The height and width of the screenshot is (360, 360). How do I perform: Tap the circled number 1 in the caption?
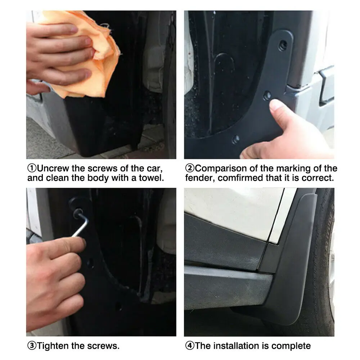click(x=32, y=168)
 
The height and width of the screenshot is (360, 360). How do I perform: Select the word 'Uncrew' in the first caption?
click(x=53, y=168)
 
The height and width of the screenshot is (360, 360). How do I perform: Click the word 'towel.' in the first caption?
click(x=151, y=178)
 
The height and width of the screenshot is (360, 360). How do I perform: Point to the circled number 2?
click(x=190, y=168)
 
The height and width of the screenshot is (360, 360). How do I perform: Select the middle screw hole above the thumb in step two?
click(x=267, y=95)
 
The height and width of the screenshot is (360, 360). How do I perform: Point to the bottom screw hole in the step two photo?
click(x=235, y=139)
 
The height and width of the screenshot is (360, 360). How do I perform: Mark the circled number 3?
click(x=32, y=346)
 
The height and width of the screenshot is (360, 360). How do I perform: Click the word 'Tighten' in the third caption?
click(x=53, y=346)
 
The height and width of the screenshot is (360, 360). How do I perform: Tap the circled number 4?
click(x=190, y=346)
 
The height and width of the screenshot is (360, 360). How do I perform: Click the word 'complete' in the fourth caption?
click(x=291, y=346)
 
